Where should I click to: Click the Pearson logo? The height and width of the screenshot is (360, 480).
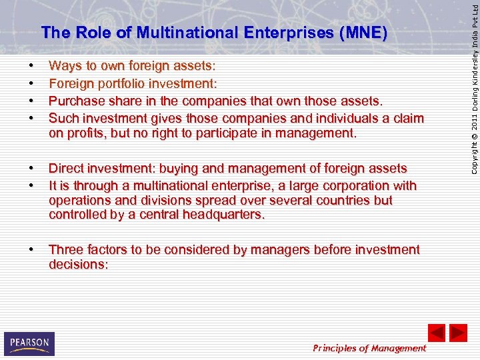pos(29,343)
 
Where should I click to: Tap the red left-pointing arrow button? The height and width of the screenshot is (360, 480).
pos(436,333)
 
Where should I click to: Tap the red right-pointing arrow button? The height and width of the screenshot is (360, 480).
pos(458,333)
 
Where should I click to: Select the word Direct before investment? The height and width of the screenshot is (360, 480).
pos(67,169)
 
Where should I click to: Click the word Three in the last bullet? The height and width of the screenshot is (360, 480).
pos(66,250)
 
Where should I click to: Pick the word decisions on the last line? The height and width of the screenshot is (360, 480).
pos(76,265)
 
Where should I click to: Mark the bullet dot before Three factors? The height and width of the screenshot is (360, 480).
pos(31,250)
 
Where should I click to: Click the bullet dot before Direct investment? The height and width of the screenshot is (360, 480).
pos(31,169)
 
